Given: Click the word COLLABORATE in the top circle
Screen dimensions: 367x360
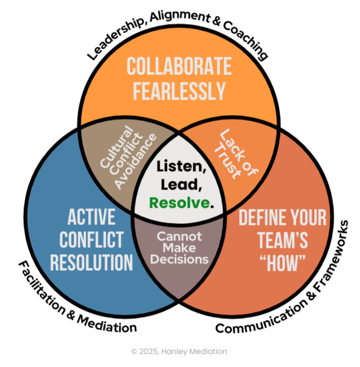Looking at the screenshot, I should tap(179, 67).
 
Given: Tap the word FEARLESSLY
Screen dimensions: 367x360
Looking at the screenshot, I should tap(179, 91).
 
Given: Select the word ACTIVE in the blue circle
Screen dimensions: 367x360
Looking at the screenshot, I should tap(91, 217).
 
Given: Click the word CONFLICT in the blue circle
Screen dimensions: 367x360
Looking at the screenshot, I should tap(91, 239).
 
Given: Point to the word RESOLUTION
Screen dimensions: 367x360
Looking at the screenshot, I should tap(91, 262).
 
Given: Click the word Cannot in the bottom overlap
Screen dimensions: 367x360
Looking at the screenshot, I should tap(180, 236).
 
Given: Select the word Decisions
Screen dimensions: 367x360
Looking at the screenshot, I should tap(180, 259).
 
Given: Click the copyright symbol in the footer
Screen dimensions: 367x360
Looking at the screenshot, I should tap(133, 351).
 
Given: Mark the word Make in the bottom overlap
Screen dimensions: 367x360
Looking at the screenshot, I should tap(180, 247).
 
